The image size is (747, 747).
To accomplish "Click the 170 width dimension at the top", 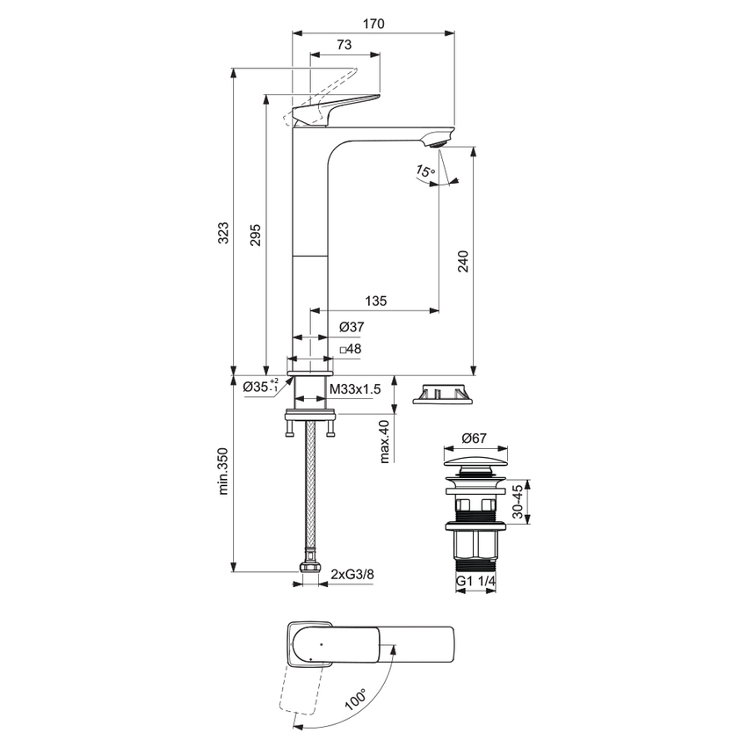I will click(x=373, y=24).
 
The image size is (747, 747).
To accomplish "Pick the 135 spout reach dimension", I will click(x=375, y=301).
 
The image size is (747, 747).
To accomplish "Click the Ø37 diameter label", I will click(x=352, y=327).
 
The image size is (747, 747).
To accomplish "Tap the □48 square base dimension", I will click(x=352, y=349).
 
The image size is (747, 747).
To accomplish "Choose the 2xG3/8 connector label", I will click(x=352, y=575).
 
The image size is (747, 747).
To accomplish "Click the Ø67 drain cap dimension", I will click(x=475, y=437).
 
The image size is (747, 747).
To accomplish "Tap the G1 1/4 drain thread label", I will click(x=475, y=582).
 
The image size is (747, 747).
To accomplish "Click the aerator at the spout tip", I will click(x=436, y=139).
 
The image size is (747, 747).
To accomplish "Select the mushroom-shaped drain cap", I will click(x=475, y=462).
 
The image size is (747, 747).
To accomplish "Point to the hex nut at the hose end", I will click(x=308, y=572).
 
